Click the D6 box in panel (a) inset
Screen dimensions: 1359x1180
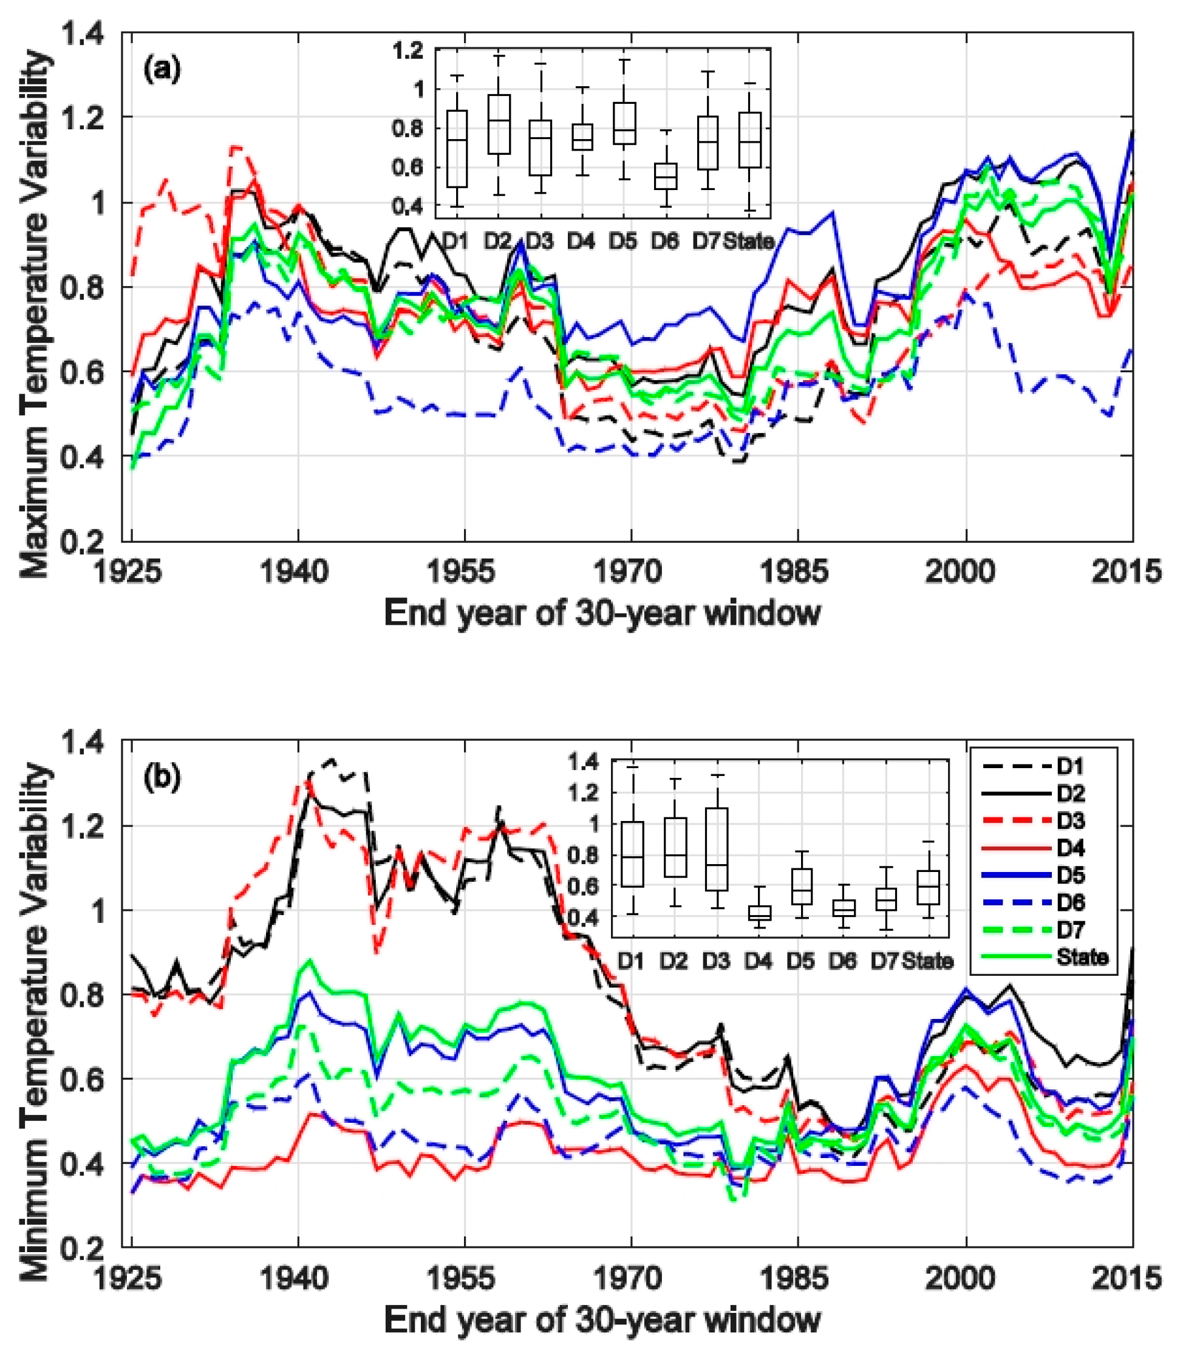(665, 176)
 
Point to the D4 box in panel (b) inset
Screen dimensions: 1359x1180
(759, 913)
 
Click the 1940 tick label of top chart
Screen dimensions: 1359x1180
(295, 571)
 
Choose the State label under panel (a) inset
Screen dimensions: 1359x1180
(749, 242)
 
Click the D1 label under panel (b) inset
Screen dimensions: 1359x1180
(631, 962)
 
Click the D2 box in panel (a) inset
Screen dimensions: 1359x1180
(499, 124)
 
